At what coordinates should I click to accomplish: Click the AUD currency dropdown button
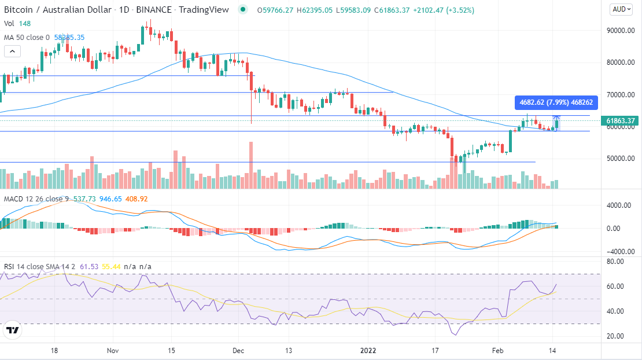click(621, 9)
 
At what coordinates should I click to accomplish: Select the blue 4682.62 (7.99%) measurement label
click(555, 103)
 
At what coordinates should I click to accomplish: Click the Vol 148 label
click(17, 24)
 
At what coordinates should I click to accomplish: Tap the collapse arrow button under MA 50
click(12, 52)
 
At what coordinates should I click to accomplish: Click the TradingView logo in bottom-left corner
click(12, 331)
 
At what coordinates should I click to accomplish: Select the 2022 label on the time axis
click(368, 350)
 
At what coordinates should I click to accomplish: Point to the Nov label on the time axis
click(113, 350)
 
